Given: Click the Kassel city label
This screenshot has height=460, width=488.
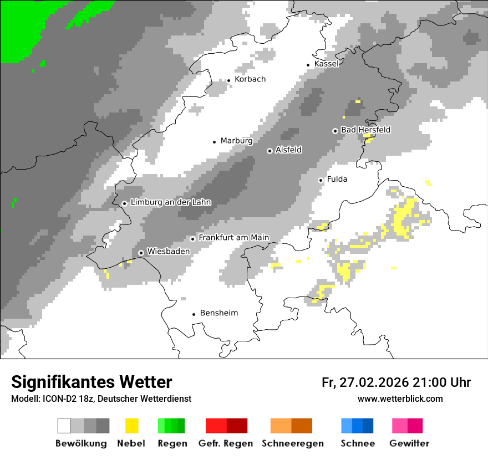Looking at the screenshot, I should click(x=326, y=64).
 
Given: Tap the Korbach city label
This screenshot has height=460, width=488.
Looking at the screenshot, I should click(x=250, y=79).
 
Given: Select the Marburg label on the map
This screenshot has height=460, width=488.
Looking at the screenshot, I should click(x=236, y=141).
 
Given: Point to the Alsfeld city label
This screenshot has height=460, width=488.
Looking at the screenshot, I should click(x=288, y=150).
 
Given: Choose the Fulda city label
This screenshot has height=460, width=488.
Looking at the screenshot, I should click(x=337, y=179).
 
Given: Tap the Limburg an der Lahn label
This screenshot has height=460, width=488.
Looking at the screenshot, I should click(x=170, y=202).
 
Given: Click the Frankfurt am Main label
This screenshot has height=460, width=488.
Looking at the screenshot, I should click(x=233, y=237).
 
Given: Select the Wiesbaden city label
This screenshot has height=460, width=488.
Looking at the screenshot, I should click(x=168, y=251).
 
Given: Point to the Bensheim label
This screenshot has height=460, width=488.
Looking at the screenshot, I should click(x=218, y=313).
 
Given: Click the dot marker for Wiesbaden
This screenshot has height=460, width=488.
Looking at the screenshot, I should click(x=141, y=253).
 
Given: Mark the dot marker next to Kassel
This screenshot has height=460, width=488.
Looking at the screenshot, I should click(x=308, y=65).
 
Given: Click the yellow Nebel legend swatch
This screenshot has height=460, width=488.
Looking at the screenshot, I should click(x=131, y=426).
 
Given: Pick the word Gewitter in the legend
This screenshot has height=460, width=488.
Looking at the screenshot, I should click(x=409, y=443).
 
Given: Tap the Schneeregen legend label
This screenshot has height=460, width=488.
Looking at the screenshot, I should click(x=293, y=443).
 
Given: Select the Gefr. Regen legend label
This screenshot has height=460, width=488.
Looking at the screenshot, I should click(x=226, y=443).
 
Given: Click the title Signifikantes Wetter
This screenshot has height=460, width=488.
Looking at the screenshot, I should click(x=91, y=382).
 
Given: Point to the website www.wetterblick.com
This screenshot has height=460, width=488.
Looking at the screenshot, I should click(x=400, y=398).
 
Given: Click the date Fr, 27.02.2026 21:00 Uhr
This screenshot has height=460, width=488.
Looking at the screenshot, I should click(x=396, y=382).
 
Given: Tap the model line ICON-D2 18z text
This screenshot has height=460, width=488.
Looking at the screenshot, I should click(x=101, y=398).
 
